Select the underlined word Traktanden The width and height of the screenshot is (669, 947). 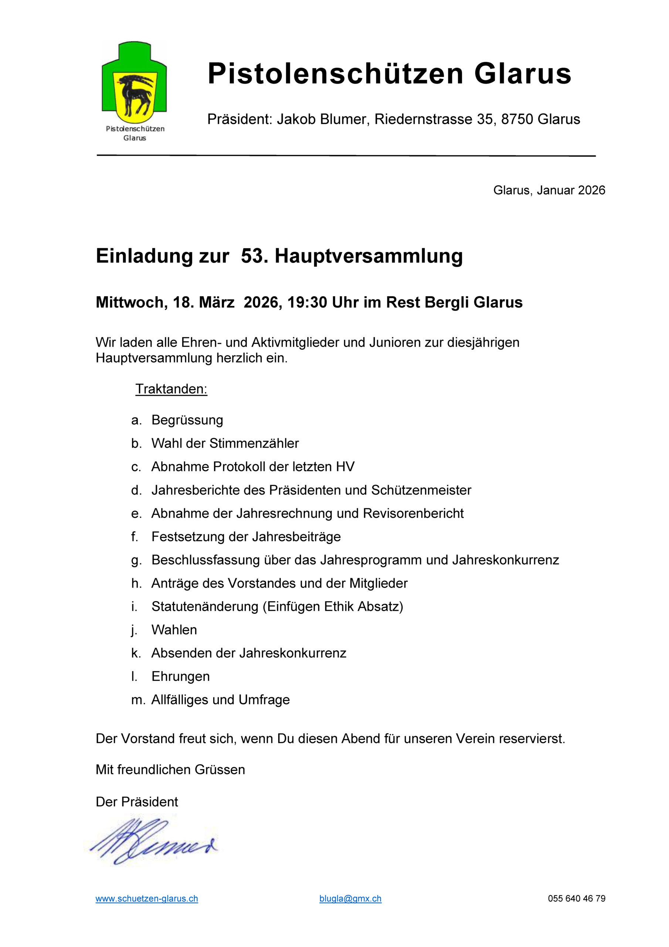coord(171,389)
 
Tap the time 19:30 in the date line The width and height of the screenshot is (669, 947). coord(307,302)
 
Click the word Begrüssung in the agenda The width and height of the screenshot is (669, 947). coord(187,420)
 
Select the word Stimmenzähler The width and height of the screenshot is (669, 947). coord(254,444)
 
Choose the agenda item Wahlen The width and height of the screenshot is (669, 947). coord(174,630)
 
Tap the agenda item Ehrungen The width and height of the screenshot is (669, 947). coord(180,677)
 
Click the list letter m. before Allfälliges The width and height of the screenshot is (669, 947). coord(137,700)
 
